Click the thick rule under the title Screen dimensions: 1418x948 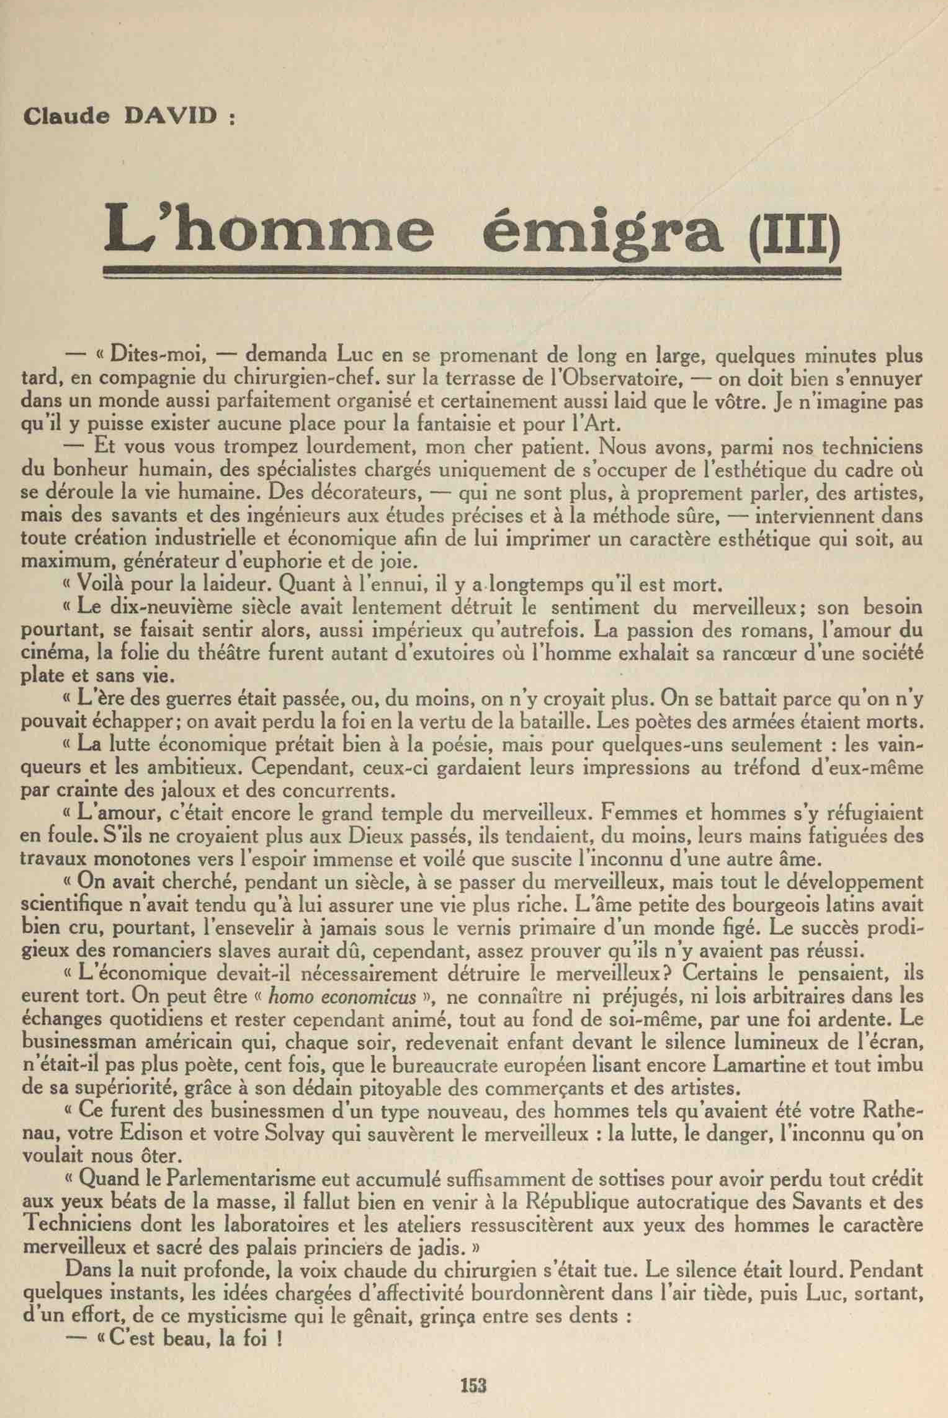pyautogui.click(x=473, y=271)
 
